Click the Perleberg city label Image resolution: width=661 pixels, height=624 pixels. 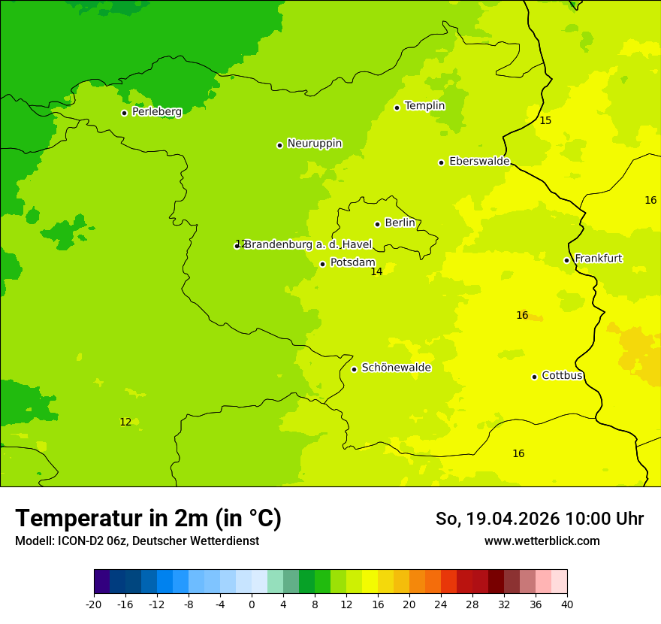156,112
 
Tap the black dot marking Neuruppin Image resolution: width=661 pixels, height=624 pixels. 279,145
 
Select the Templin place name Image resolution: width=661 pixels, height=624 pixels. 424,106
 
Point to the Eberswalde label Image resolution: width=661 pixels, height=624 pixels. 478,162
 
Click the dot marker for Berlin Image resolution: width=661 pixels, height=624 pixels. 377,224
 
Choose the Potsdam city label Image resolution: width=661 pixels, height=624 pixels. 352,263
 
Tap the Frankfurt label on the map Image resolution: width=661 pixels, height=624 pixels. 598,259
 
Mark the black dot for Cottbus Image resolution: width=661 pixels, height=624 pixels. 534,377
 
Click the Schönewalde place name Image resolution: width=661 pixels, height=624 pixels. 396,368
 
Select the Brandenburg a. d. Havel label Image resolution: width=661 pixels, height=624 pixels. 308,244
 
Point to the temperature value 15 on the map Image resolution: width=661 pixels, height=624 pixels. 545,121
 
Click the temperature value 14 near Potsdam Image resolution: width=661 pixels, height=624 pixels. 376,272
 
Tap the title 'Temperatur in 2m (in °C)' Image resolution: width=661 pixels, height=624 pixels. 148,519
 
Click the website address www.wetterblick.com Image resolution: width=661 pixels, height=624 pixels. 542,541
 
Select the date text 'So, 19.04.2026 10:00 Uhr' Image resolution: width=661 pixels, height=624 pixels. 539,519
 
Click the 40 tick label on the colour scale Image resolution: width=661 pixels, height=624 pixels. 567,604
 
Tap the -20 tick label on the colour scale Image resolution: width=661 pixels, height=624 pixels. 94,604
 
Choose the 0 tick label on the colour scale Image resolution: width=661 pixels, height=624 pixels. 252,604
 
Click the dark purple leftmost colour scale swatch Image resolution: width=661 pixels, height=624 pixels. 101,582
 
